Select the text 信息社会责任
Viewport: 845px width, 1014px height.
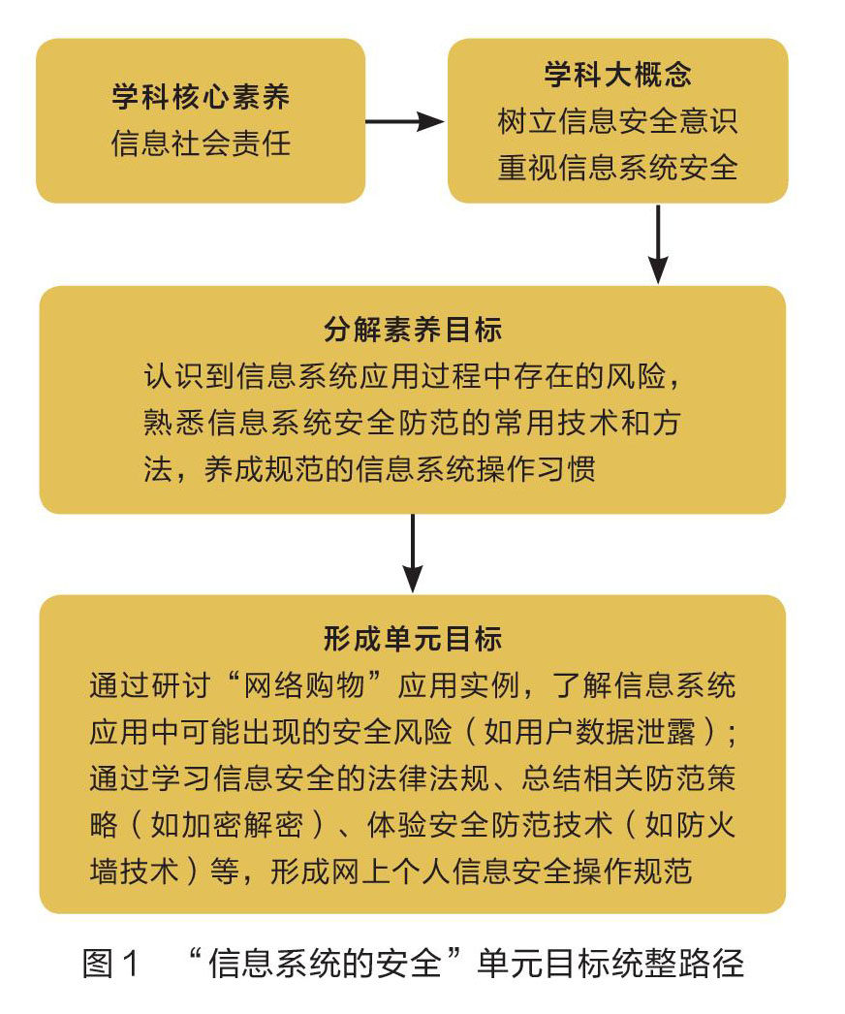(x=201, y=144)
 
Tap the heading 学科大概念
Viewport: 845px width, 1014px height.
(x=617, y=75)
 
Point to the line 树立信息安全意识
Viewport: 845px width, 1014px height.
(x=617, y=121)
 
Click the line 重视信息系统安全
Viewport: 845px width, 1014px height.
(x=617, y=168)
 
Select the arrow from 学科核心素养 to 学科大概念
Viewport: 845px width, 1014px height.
(x=404, y=121)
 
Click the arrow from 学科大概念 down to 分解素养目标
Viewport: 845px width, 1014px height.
(x=658, y=242)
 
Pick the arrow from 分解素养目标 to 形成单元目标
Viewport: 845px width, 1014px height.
(x=413, y=553)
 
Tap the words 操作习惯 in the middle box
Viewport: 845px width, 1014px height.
(x=551, y=469)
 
